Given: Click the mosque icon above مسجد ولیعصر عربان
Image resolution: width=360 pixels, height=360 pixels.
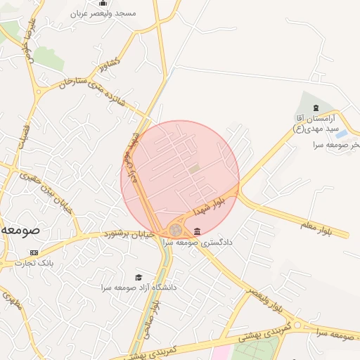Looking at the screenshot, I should click(x=103, y=4).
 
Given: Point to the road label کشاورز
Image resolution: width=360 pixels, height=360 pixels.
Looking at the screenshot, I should click(x=111, y=64).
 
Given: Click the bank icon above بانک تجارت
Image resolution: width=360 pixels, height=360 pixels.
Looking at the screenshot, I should click(x=33, y=252).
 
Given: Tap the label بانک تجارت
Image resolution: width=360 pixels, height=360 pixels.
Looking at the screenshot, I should click(x=34, y=264).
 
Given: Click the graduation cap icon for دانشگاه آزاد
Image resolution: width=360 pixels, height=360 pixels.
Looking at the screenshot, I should click(x=139, y=278).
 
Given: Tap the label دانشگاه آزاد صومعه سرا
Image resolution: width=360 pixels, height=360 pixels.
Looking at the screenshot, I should click(x=139, y=288).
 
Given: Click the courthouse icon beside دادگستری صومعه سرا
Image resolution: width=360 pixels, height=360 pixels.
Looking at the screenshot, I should click(x=196, y=231).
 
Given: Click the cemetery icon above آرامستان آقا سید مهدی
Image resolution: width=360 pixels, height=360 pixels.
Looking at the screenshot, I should click(x=316, y=107).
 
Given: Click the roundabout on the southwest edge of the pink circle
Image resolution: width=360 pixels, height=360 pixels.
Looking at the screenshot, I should click(x=174, y=230).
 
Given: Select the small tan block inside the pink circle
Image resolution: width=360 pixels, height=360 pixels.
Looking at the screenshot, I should click(x=194, y=169).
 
